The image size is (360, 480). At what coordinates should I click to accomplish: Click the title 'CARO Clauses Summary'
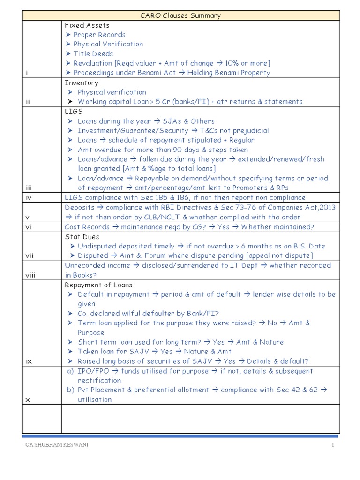point(180,15)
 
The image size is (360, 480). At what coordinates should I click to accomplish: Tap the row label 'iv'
point(28,198)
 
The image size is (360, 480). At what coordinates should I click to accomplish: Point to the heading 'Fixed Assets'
point(87,25)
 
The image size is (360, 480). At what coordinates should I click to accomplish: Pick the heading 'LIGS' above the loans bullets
point(74,112)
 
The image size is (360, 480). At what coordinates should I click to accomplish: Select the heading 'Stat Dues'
point(82,237)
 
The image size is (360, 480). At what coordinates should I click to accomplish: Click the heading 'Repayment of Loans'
point(98,285)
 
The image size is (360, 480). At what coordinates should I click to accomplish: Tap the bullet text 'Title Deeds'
point(93,54)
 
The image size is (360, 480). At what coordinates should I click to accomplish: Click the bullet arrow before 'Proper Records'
point(68,35)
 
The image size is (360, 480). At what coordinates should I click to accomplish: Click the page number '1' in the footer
point(333,445)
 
